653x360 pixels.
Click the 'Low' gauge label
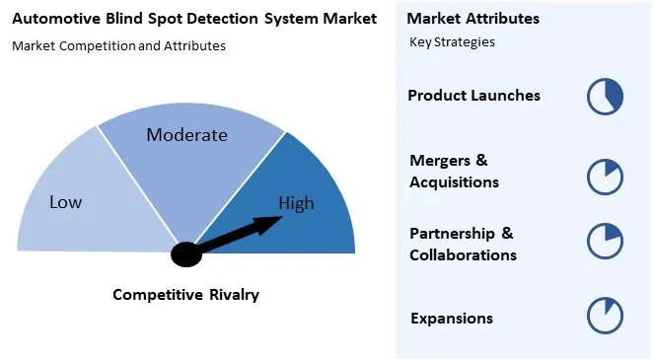[66, 202]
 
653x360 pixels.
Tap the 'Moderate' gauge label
[186, 135]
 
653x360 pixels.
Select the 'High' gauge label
[296, 204]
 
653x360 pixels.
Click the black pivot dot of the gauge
[185, 254]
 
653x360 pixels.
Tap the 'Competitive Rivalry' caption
[185, 294]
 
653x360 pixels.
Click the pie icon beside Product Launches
[605, 96]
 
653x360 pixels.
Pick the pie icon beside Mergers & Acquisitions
[605, 176]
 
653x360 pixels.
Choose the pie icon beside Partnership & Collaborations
[605, 242]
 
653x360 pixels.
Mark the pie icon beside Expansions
[605, 316]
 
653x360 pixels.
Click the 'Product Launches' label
[473, 96]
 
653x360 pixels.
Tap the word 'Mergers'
[435, 161]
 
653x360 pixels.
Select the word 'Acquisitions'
[454, 182]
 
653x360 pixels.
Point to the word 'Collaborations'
[463, 255]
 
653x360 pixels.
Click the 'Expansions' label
[451, 319]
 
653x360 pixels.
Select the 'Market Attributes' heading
[472, 19]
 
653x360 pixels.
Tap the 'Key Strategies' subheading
[452, 42]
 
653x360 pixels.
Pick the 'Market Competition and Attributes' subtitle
[118, 45]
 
